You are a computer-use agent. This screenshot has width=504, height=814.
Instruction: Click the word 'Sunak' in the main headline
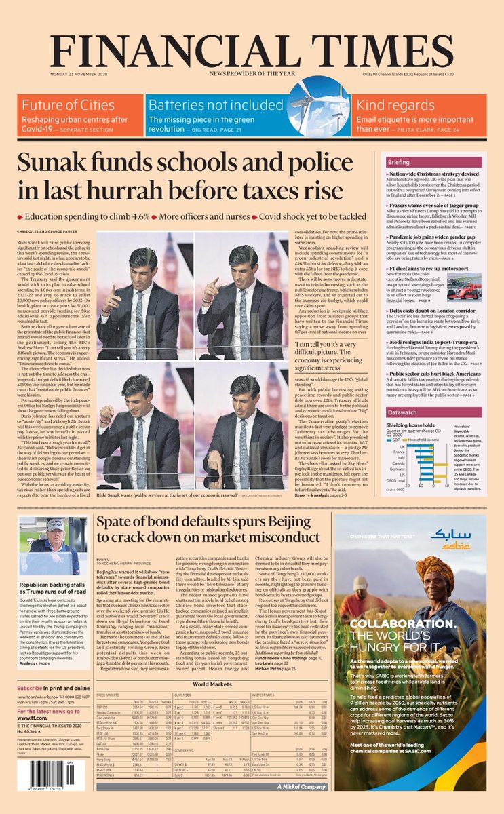coord(70,165)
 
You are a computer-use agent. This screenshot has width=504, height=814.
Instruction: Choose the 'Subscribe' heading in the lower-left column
coord(31,689)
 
